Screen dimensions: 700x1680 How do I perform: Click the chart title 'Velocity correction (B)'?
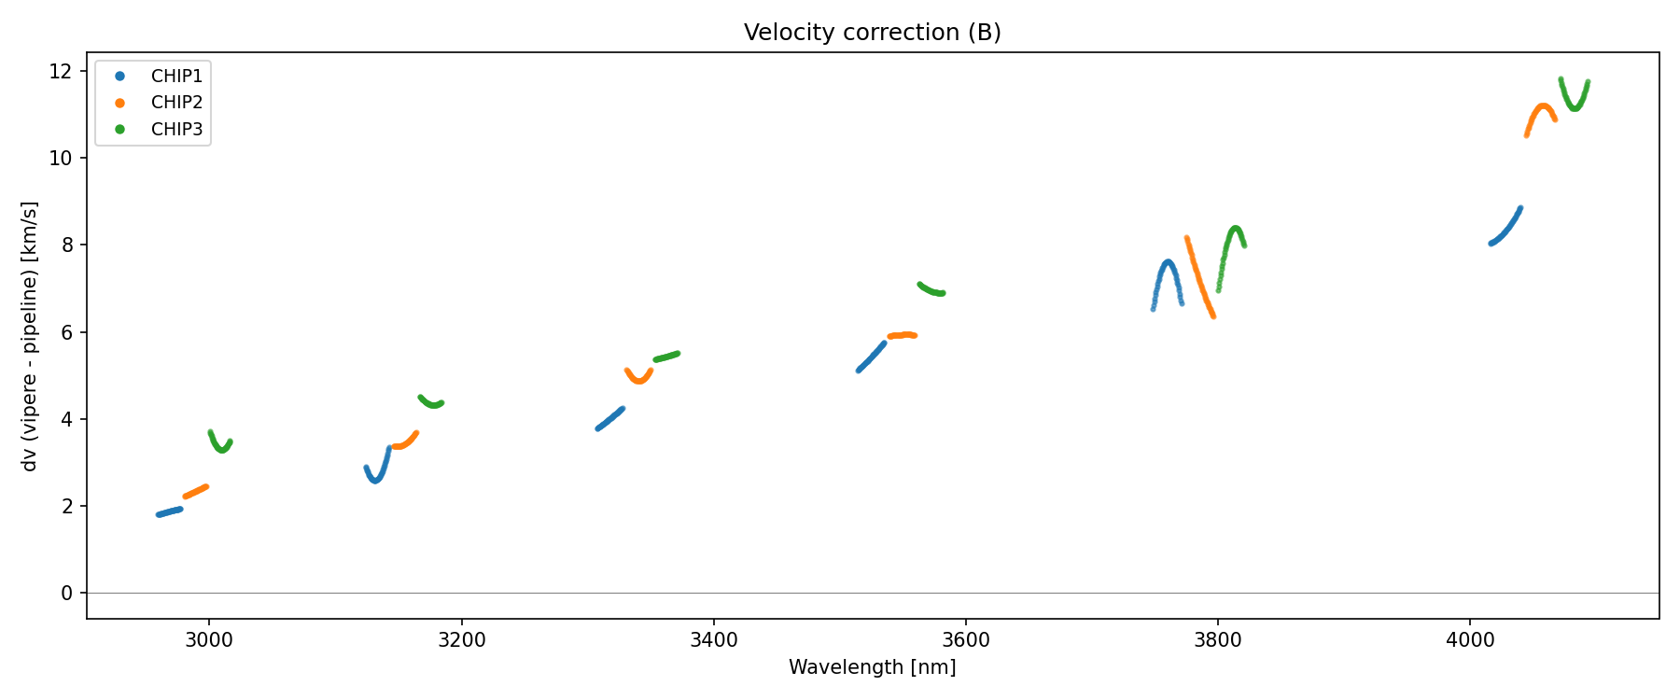point(872,33)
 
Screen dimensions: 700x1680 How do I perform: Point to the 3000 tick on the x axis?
point(209,639)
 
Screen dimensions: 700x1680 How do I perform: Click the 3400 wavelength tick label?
point(713,639)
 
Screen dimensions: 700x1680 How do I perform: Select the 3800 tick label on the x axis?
point(1217,639)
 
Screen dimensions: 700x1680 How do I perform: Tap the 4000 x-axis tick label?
point(1469,639)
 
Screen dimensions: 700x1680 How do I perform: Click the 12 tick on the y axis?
point(61,71)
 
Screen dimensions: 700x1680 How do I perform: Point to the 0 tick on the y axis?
point(66,594)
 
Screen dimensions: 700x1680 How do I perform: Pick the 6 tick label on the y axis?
point(66,332)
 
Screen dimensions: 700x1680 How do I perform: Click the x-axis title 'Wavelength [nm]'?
point(872,667)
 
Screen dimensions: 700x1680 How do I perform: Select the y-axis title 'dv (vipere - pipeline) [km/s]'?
point(30,336)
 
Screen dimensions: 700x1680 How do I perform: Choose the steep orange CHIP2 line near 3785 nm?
point(1198,277)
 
